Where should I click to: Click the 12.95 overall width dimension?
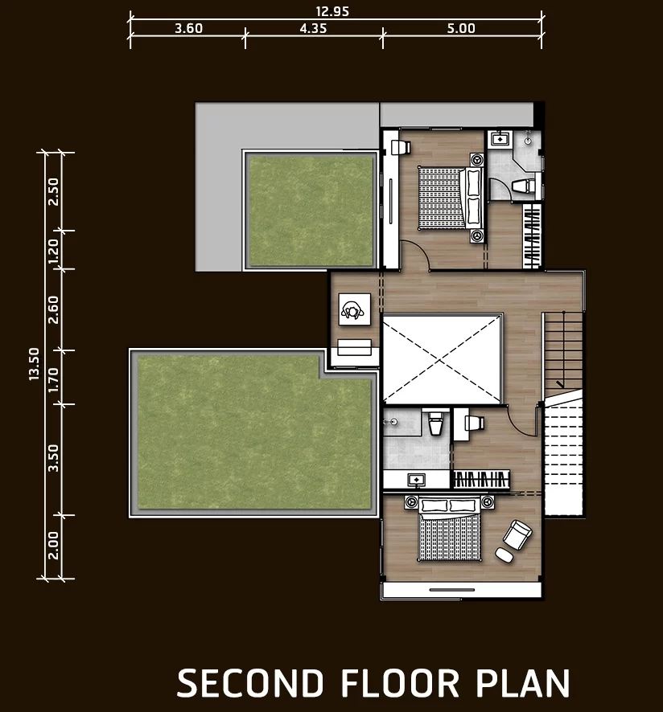pyautogui.click(x=332, y=11)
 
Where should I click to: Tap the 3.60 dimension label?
pyautogui.click(x=189, y=28)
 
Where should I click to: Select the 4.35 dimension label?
pyautogui.click(x=313, y=28)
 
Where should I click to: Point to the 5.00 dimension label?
pyautogui.click(x=461, y=28)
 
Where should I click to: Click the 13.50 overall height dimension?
pyautogui.click(x=34, y=364)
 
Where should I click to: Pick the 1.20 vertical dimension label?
pyautogui.click(x=54, y=251)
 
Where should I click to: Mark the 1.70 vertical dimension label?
pyautogui.click(x=54, y=379)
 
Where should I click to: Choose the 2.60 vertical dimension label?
pyautogui.click(x=54, y=309)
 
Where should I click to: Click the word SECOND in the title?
pyautogui.click(x=250, y=683)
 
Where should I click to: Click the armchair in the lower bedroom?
pyautogui.click(x=517, y=535)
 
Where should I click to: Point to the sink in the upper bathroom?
pyautogui.click(x=500, y=138)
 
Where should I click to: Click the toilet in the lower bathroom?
pyautogui.click(x=435, y=423)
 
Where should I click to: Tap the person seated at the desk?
pyautogui.click(x=353, y=310)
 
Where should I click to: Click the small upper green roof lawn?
pyautogui.click(x=311, y=211)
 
